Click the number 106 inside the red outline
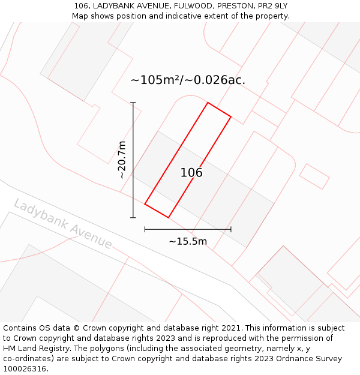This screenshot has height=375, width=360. click(x=191, y=173)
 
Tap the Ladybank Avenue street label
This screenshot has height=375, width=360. click(x=63, y=224)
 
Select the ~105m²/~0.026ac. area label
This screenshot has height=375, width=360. click(x=188, y=80)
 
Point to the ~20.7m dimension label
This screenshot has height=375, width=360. click(x=122, y=160)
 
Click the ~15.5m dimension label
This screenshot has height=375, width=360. click(x=188, y=242)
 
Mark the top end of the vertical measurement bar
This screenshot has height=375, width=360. click(x=133, y=103)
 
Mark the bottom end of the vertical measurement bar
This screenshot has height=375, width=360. click(x=133, y=218)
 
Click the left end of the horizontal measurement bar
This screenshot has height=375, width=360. click(x=145, y=229)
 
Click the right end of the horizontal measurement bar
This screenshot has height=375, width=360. click(x=231, y=229)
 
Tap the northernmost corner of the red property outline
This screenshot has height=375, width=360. click(x=208, y=103)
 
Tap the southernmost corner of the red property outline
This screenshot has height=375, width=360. click(x=168, y=217)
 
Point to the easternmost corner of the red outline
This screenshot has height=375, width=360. click(x=231, y=116)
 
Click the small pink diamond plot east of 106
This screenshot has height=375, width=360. click(x=314, y=176)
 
